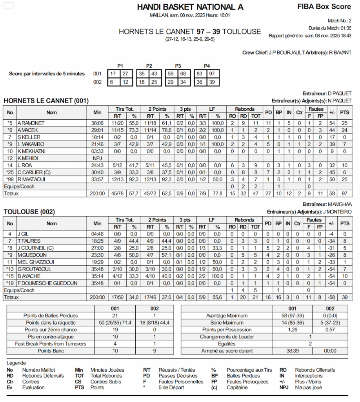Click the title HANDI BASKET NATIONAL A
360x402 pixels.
190,7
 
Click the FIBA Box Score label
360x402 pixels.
324,6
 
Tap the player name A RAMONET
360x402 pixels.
31,123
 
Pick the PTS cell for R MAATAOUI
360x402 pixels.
344,179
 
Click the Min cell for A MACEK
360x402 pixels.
97,130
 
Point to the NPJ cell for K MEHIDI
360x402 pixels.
97,158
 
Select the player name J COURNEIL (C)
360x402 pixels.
35,248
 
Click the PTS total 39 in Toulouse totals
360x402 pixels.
344,298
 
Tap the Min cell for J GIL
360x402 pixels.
97,234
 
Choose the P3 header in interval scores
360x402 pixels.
178,66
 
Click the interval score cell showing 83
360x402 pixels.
200,74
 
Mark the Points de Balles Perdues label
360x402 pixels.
51,316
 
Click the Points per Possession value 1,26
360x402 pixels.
292,330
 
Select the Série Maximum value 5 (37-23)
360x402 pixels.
330,323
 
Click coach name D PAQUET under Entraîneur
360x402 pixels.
340,93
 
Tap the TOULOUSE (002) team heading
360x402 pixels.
29,212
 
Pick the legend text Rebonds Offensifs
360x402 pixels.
315,370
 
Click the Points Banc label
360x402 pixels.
51,351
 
